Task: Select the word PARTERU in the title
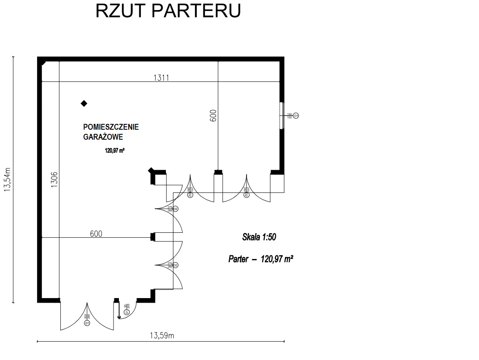[x=195, y=11]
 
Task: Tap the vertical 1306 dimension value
[x=54, y=180]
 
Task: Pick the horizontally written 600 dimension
[x=96, y=234]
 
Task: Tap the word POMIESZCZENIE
[x=111, y=127]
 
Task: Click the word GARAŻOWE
[x=103, y=137]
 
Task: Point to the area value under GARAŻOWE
[x=115, y=151]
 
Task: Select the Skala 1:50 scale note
[x=259, y=237]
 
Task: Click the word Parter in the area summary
[x=238, y=259]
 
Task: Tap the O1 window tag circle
[x=296, y=115]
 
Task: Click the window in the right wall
[x=282, y=115]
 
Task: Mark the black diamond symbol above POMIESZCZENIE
[x=84, y=103]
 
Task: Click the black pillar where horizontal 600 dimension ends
[x=153, y=237]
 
